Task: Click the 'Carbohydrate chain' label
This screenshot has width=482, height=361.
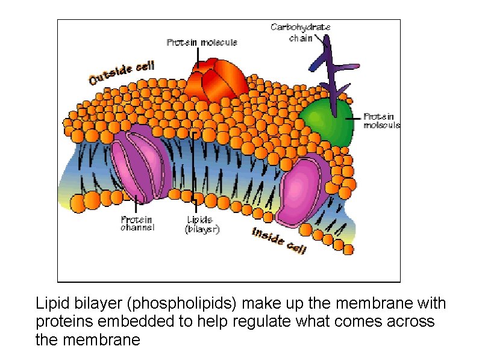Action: pos(301,32)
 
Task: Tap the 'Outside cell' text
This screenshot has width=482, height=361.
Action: pos(122,73)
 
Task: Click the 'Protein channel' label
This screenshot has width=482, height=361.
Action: pos(137,223)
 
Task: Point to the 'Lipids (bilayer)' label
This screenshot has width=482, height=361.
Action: pos(203,224)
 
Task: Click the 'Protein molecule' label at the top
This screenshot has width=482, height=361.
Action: pos(202,42)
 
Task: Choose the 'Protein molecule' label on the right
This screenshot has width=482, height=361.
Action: pos(382,120)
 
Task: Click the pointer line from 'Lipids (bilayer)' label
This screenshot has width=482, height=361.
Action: pos(193,168)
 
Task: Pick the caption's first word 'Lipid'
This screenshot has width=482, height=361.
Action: pos(49,303)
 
